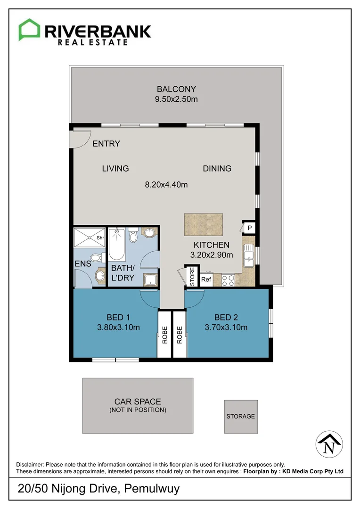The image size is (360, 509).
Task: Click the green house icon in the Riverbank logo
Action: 29,30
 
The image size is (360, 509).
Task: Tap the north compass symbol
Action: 328,444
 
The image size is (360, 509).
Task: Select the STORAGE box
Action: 241,417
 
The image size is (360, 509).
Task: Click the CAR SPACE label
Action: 138,402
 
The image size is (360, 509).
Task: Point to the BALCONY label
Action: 176,89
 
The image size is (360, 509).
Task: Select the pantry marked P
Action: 249,228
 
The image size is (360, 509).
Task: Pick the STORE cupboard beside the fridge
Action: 192,277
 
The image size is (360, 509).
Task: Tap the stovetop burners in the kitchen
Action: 228,280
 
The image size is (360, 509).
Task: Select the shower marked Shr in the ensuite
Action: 90,238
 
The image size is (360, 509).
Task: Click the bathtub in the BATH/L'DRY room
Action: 116,245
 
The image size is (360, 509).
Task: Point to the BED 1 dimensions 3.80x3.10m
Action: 115,328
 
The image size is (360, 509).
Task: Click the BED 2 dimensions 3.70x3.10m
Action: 226,328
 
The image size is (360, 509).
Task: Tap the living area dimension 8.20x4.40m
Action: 166,185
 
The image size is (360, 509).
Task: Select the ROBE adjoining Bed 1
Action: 165,335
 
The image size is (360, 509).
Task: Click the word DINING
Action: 217,169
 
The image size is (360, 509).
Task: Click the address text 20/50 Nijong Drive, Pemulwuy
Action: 98,489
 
